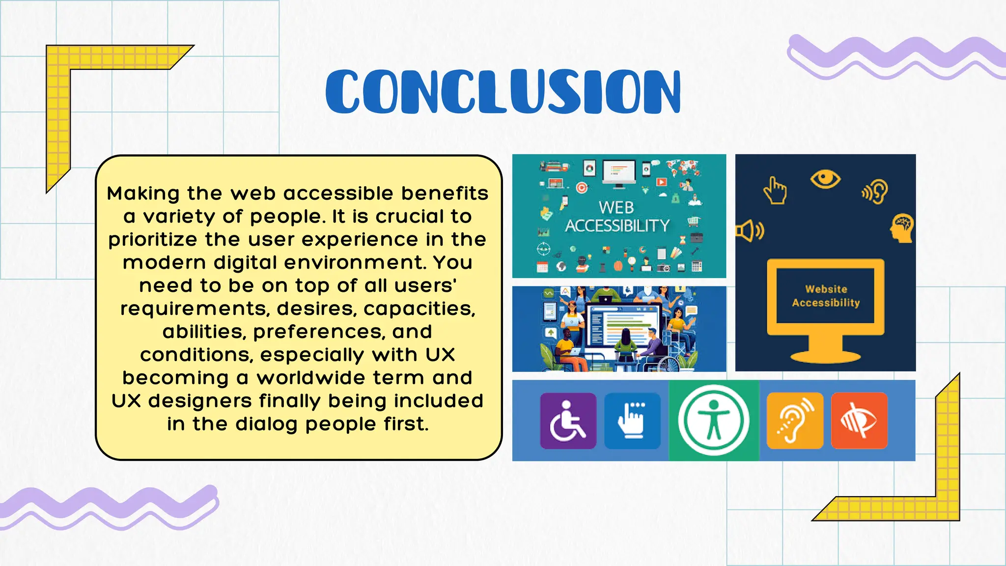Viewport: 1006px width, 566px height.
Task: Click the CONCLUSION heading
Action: click(x=503, y=91)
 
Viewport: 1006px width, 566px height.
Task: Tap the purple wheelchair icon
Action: click(x=568, y=421)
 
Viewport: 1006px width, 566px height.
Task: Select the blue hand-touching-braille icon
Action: click(x=632, y=421)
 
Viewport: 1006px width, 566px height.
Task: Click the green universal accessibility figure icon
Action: click(x=714, y=421)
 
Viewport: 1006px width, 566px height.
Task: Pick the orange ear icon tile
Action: click(x=795, y=421)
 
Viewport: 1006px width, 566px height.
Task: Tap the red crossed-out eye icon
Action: click(x=859, y=421)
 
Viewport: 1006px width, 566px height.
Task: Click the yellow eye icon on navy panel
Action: click(x=825, y=179)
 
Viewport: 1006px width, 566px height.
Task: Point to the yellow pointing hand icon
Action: click(x=775, y=191)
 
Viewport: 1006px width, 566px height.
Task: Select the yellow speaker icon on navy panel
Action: click(x=749, y=231)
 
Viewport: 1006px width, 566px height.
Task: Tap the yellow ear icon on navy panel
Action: click(x=875, y=191)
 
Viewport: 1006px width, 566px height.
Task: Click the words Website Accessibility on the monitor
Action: click(x=826, y=296)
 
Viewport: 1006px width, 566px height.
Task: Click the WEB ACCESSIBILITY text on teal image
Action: click(x=617, y=217)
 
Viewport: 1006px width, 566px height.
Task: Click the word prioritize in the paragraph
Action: click(x=153, y=240)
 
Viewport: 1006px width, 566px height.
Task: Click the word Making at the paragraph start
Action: click(x=143, y=193)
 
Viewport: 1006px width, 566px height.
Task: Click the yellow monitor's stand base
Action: click(x=825, y=356)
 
